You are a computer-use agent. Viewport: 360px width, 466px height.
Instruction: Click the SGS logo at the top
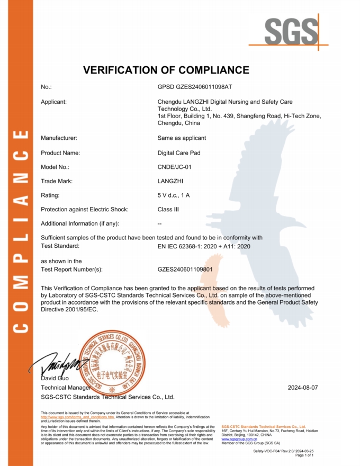[289, 32]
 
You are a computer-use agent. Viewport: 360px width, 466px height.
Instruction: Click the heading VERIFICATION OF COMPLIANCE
[166, 70]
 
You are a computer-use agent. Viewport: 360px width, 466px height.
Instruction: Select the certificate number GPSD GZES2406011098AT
[195, 86]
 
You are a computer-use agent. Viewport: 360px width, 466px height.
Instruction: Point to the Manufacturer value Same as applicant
[182, 138]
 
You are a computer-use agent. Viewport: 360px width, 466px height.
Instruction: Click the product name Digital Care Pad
[179, 153]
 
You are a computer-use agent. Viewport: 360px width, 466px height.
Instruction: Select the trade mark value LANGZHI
[171, 181]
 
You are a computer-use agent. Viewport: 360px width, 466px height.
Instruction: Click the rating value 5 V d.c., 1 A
[174, 195]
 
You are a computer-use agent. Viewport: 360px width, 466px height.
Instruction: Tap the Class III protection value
[168, 209]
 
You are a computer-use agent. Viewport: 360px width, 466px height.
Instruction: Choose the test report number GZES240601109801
[185, 269]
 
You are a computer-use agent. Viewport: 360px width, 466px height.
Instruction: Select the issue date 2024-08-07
[303, 388]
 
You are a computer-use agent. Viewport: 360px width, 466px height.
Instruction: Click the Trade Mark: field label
[57, 181]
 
